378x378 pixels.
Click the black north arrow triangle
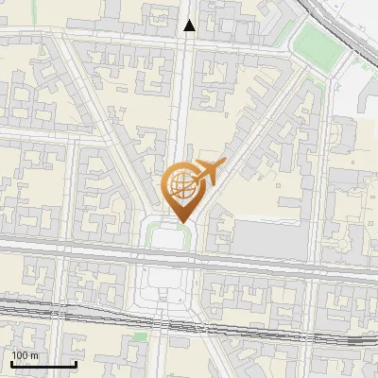tap(190, 26)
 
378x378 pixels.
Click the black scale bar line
tap(43, 365)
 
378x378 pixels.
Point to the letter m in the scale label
tap(34, 355)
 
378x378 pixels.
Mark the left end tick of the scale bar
tap(11, 363)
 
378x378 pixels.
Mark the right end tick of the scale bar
tap(76, 363)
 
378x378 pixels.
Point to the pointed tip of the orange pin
tap(180, 221)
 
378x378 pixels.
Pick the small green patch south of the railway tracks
tap(140, 336)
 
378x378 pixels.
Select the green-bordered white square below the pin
tap(166, 237)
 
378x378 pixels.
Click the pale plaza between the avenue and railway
tap(166, 283)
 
